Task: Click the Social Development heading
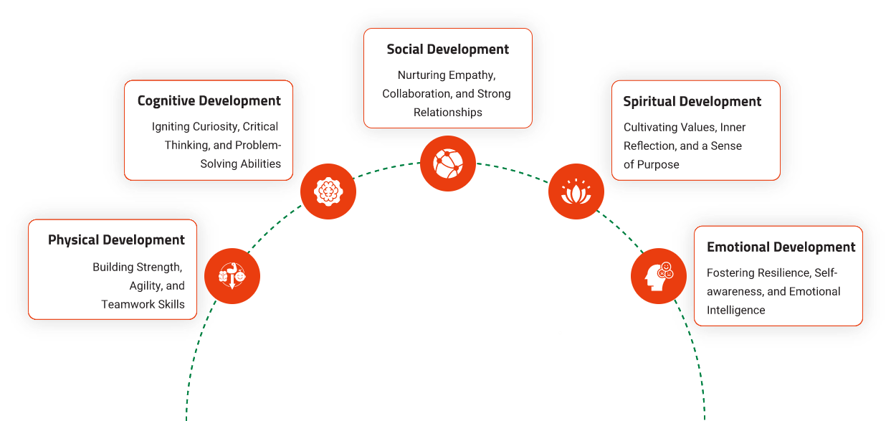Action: click(x=447, y=49)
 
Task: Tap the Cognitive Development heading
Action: click(x=209, y=101)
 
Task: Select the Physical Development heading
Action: click(x=116, y=240)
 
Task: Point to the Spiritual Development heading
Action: click(x=692, y=102)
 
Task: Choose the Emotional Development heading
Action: click(x=781, y=247)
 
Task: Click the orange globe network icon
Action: click(x=448, y=164)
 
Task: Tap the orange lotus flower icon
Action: click(x=576, y=192)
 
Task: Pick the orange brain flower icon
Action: click(x=328, y=191)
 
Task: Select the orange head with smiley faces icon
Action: click(x=658, y=276)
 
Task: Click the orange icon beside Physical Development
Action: click(x=232, y=276)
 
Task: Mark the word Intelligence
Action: click(x=735, y=311)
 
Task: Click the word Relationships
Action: click(x=448, y=113)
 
